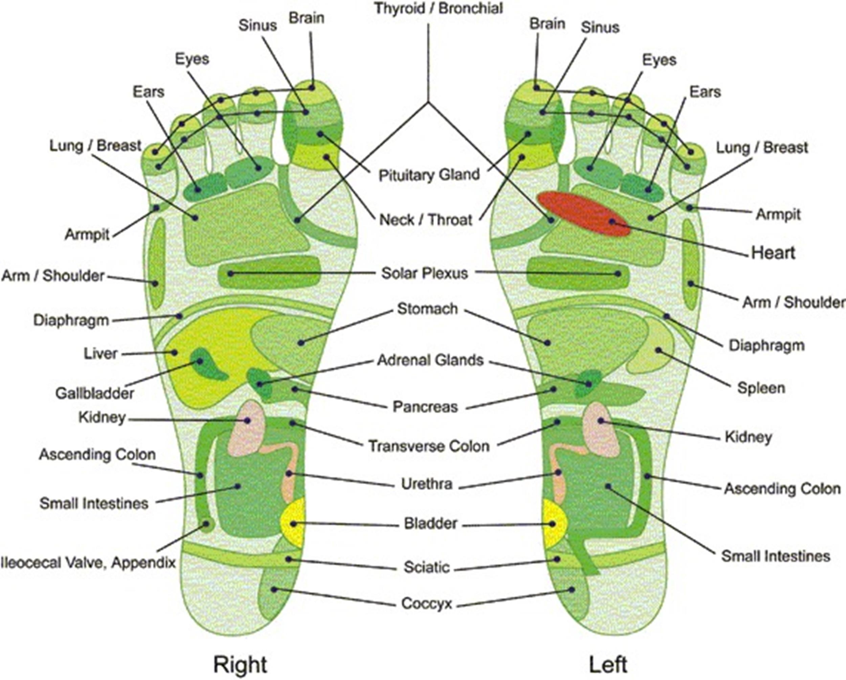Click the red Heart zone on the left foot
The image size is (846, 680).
(x=584, y=214)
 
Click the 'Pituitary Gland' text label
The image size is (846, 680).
(x=429, y=175)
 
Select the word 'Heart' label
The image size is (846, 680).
(x=773, y=253)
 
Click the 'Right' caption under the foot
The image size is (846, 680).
(x=240, y=653)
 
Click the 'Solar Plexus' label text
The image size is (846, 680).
(x=425, y=273)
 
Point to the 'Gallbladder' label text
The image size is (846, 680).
(x=94, y=393)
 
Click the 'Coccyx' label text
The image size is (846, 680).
(x=426, y=604)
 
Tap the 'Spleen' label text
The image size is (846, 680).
(x=761, y=388)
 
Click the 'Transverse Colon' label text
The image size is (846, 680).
(x=429, y=446)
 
